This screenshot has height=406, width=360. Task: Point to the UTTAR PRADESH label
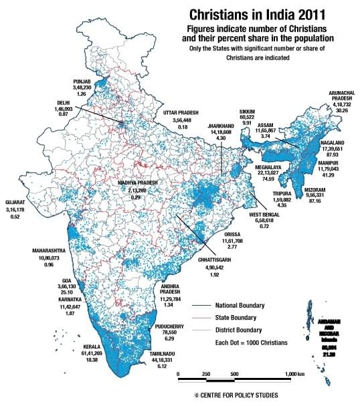tap(183, 113)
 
